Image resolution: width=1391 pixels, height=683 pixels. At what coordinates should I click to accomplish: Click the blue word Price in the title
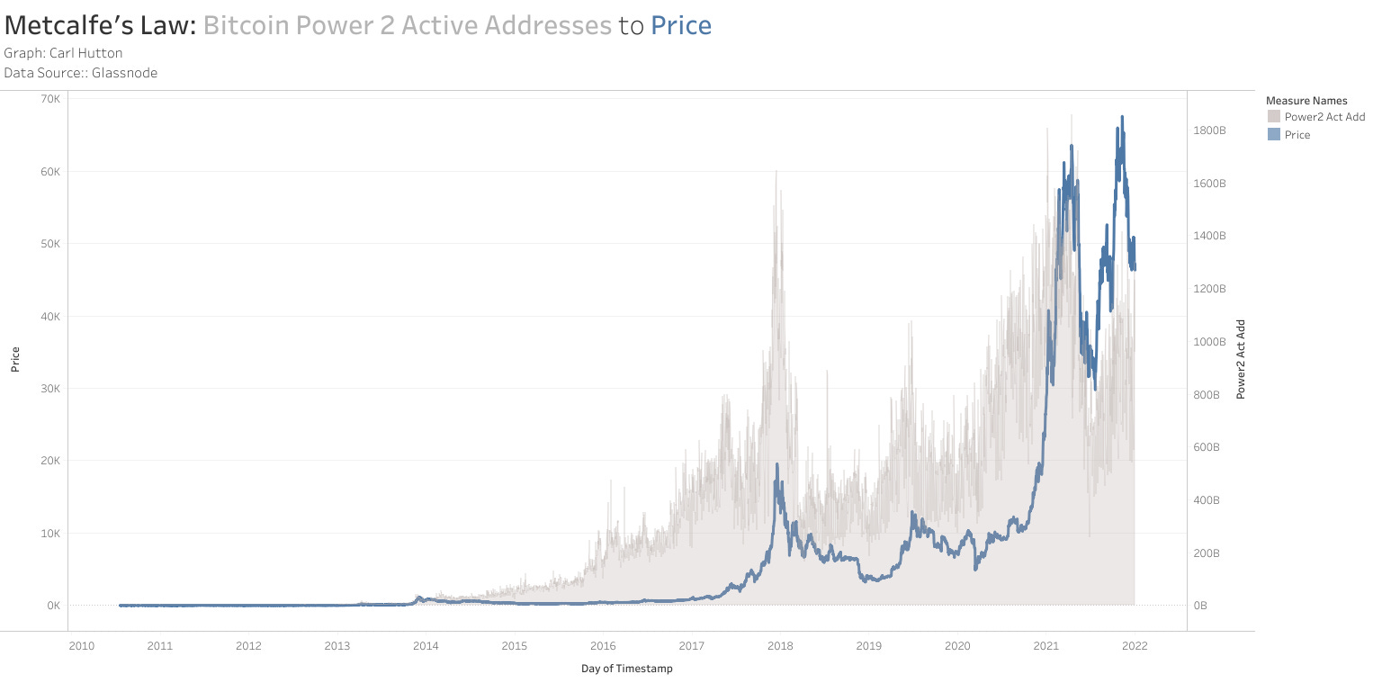click(x=681, y=26)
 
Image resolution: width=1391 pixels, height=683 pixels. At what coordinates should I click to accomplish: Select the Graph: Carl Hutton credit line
click(x=63, y=53)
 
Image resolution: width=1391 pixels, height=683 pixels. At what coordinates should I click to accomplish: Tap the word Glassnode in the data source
click(x=124, y=73)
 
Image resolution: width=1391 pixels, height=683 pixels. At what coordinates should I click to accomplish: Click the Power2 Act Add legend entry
click(x=1324, y=117)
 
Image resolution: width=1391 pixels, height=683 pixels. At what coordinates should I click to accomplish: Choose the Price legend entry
click(x=1297, y=135)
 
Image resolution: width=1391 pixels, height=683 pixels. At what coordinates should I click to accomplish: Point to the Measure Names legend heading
click(x=1306, y=101)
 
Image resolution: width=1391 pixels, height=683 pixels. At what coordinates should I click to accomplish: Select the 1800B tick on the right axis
click(x=1209, y=130)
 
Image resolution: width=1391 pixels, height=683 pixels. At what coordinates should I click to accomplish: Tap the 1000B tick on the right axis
click(x=1209, y=342)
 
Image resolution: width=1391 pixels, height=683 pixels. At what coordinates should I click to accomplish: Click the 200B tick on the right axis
click(x=1207, y=553)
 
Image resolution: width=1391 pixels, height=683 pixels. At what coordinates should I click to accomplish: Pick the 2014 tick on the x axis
click(x=426, y=645)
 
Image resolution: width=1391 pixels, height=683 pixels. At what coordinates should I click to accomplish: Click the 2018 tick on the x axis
click(x=780, y=645)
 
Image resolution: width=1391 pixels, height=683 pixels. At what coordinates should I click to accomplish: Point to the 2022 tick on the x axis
click(x=1135, y=645)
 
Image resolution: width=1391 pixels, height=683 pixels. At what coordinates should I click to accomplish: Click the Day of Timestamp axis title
click(x=626, y=669)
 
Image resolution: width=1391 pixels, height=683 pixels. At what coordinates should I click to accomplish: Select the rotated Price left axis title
click(x=15, y=360)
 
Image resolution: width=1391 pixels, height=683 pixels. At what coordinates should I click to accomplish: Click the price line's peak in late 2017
click(x=776, y=465)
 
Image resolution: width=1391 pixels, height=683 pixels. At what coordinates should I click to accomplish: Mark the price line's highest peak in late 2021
click(x=1121, y=117)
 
